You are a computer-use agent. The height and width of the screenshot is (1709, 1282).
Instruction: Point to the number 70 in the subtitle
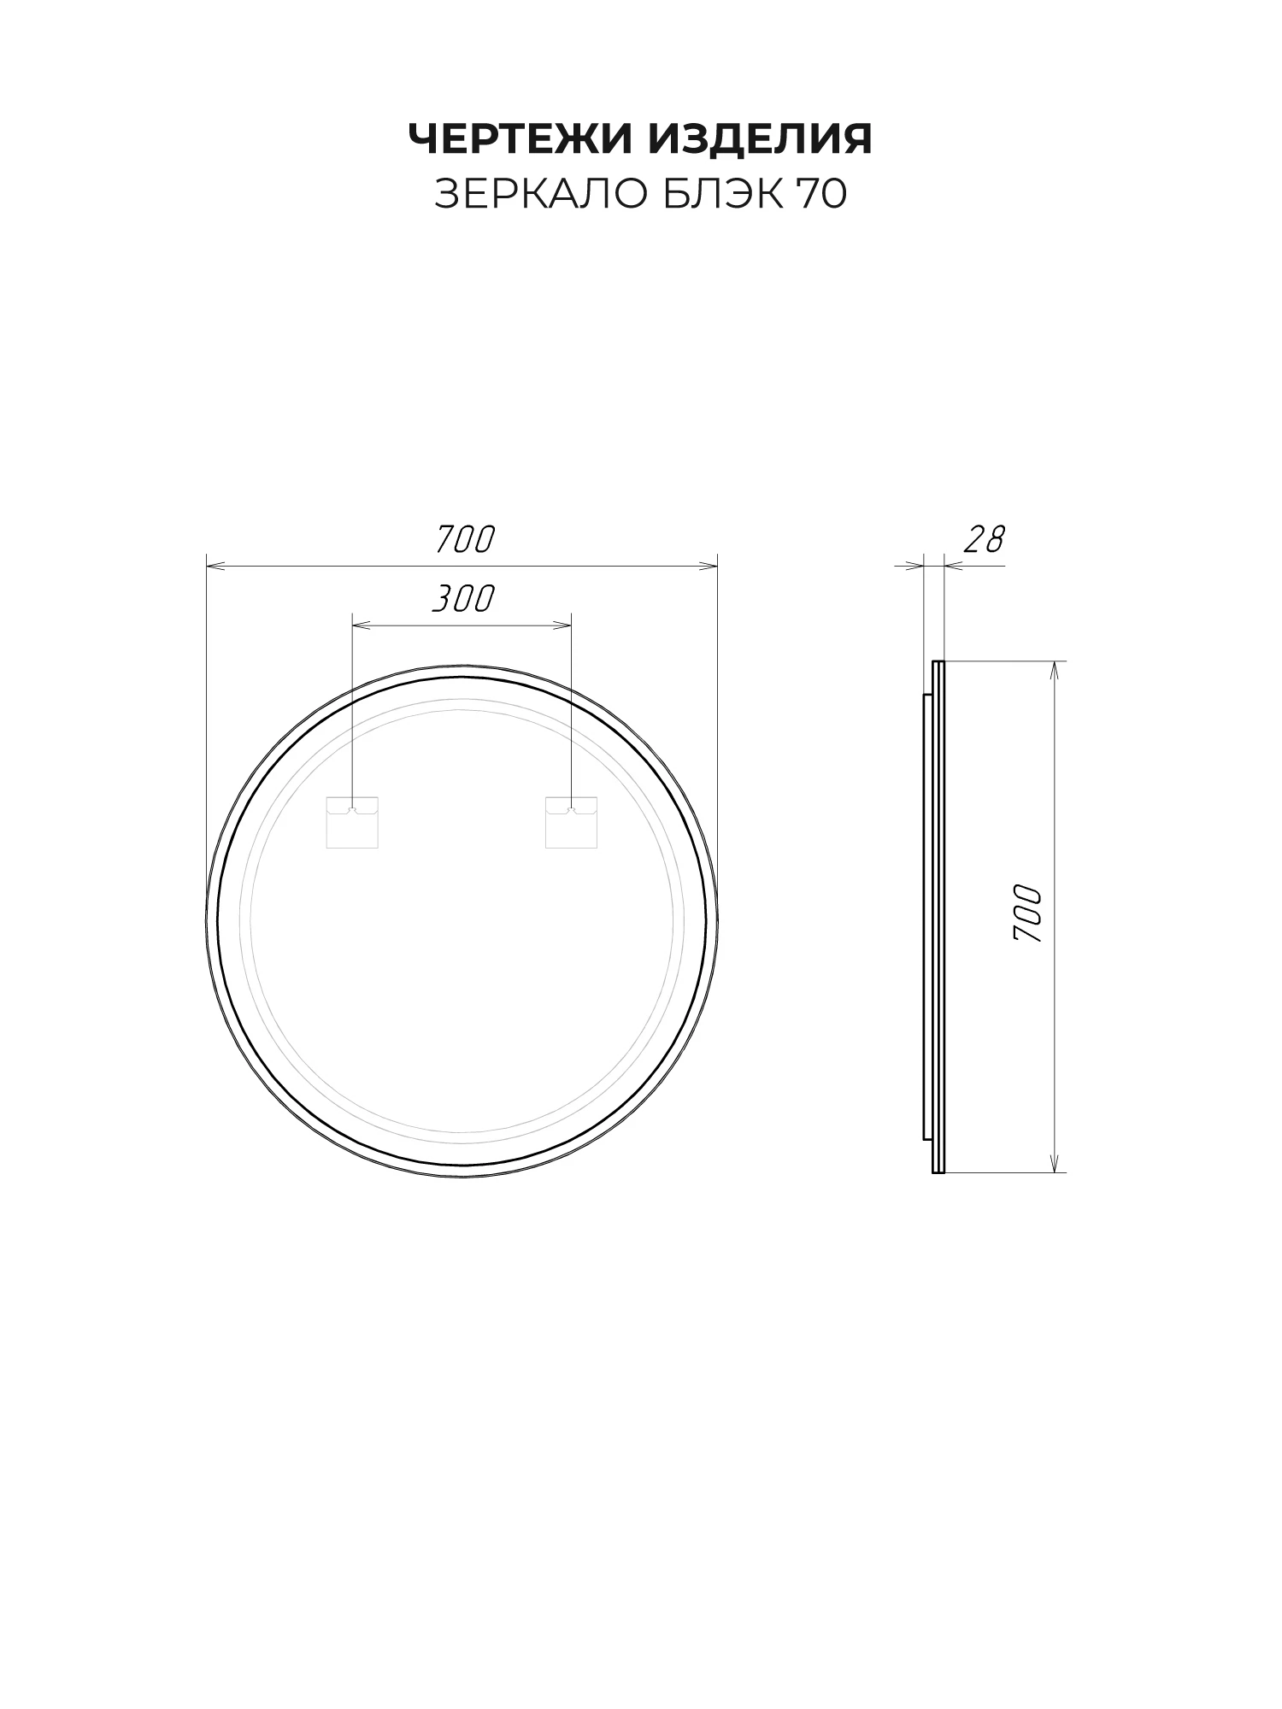tap(821, 195)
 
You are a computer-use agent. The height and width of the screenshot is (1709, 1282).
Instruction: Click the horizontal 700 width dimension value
tap(466, 540)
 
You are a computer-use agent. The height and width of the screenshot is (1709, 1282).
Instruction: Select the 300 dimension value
tap(463, 599)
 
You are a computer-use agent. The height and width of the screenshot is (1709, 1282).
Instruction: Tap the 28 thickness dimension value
tap(985, 540)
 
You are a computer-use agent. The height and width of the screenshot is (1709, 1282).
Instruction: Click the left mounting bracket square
tap(352, 823)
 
